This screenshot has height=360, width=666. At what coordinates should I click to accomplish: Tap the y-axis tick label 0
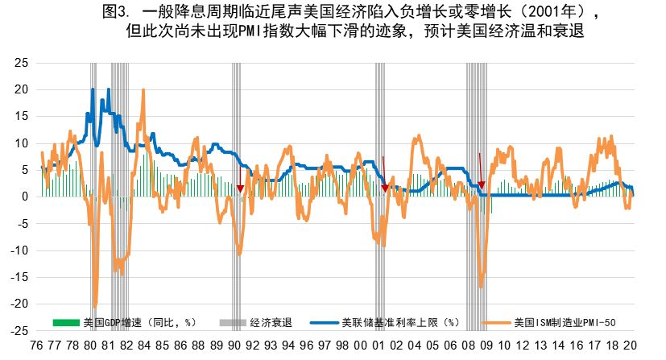tap(26, 197)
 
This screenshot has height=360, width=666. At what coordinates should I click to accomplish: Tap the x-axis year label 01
tap(378, 346)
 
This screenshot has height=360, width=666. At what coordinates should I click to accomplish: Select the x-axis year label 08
tap(467, 346)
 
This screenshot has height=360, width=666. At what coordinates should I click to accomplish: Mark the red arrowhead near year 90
tap(239, 188)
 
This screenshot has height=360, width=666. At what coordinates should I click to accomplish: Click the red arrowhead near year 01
tap(385, 188)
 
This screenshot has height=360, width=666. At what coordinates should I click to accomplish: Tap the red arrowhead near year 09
tap(482, 185)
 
